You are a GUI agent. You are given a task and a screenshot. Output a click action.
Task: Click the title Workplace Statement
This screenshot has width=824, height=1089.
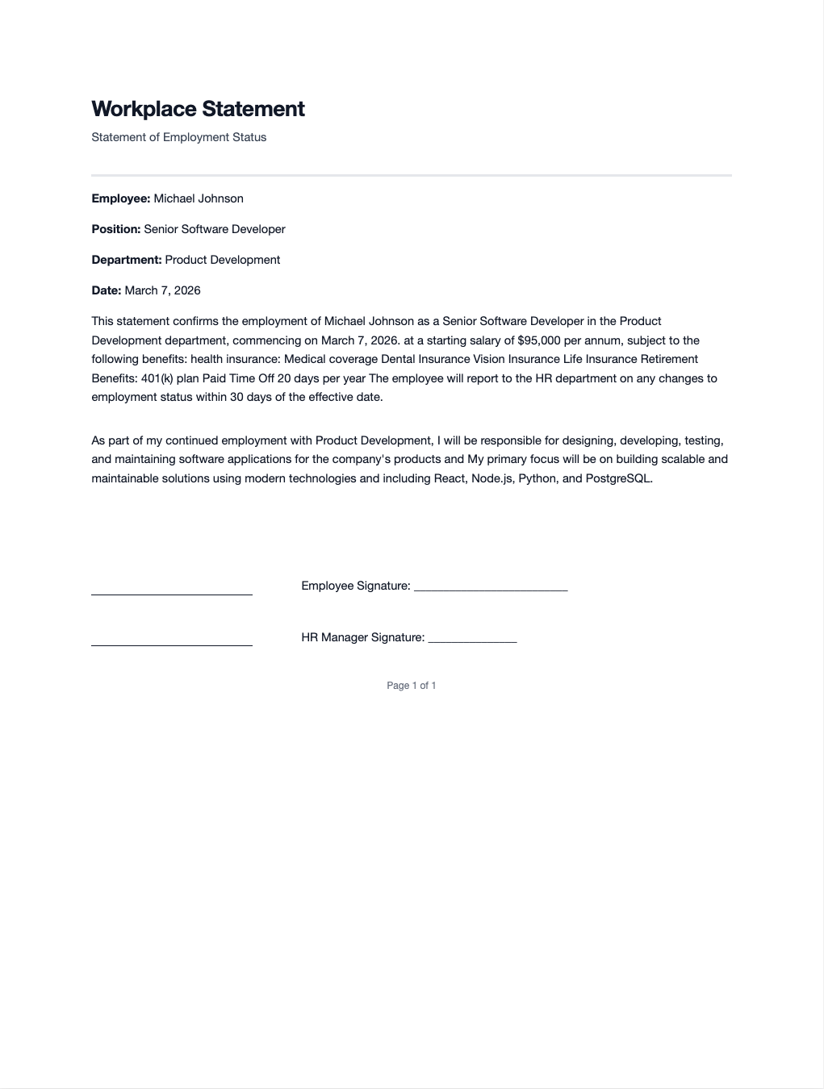[198, 109]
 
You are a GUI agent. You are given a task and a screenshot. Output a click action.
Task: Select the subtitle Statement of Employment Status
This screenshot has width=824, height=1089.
[178, 137]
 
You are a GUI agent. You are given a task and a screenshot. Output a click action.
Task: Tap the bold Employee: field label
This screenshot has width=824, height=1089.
[121, 198]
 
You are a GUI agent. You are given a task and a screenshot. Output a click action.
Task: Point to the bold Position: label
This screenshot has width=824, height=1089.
[116, 229]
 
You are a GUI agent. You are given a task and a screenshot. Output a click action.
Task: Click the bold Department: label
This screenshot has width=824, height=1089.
[127, 260]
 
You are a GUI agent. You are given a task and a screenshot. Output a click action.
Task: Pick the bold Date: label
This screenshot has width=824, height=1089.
[107, 290]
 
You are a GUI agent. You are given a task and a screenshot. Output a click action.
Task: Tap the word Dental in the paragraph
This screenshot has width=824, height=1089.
[398, 359]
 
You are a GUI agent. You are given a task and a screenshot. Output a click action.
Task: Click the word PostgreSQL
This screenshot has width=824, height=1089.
[617, 478]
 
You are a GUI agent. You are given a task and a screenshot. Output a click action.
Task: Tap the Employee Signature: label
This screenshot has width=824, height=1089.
[356, 586]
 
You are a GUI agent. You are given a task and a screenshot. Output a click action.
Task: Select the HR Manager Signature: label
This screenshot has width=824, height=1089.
[363, 637]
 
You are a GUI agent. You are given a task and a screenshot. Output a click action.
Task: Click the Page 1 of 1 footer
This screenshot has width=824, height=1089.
[412, 686]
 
